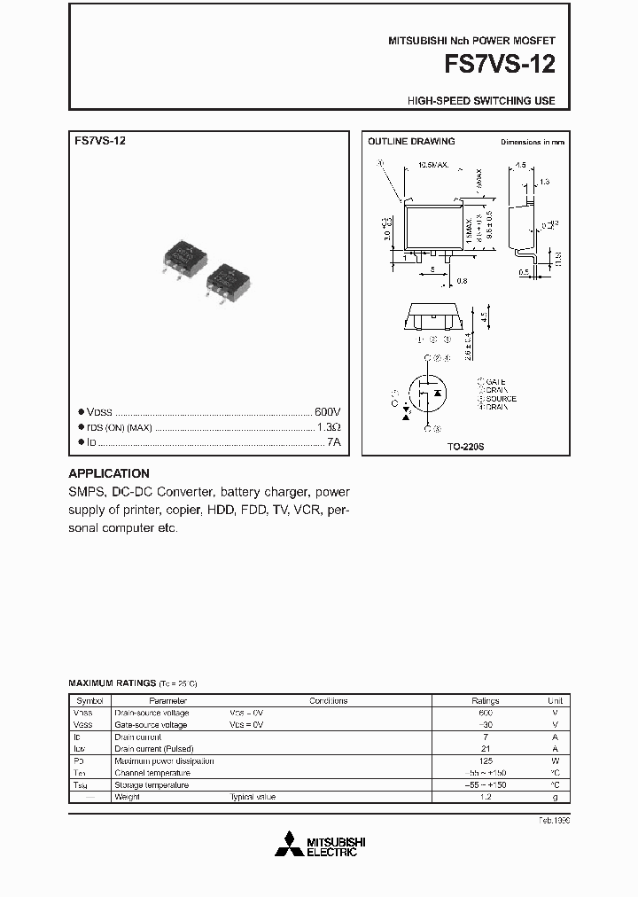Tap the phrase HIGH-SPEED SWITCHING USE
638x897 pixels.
point(481,101)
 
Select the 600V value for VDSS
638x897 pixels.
point(327,412)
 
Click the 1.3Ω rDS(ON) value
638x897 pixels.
point(328,427)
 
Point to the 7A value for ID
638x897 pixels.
point(333,441)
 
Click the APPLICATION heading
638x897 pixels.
point(109,473)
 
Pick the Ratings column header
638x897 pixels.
point(485,700)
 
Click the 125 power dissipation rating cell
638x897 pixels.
point(485,760)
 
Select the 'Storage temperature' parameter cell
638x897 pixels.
point(152,785)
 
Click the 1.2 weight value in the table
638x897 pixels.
point(485,797)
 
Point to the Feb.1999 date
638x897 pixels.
point(554,821)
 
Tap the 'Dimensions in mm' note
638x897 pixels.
point(532,142)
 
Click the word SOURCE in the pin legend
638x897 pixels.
point(501,399)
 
